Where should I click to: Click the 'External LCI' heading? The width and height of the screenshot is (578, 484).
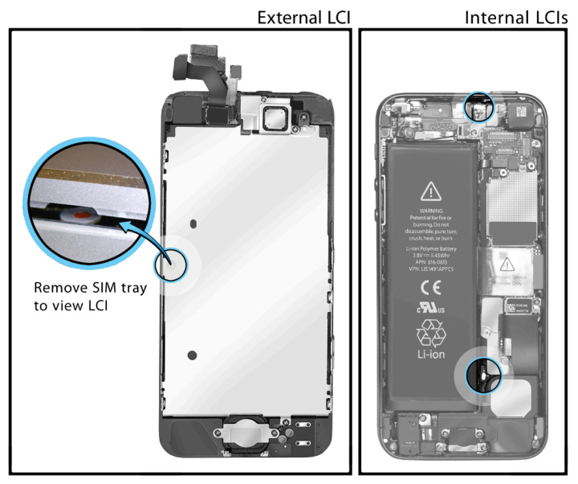click(303, 17)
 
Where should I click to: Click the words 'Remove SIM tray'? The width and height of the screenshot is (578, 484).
click(90, 287)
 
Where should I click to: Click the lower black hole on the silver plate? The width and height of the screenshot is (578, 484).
click(192, 355)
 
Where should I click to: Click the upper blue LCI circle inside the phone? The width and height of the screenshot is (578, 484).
click(478, 106)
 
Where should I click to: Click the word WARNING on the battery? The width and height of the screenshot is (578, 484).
click(432, 211)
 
